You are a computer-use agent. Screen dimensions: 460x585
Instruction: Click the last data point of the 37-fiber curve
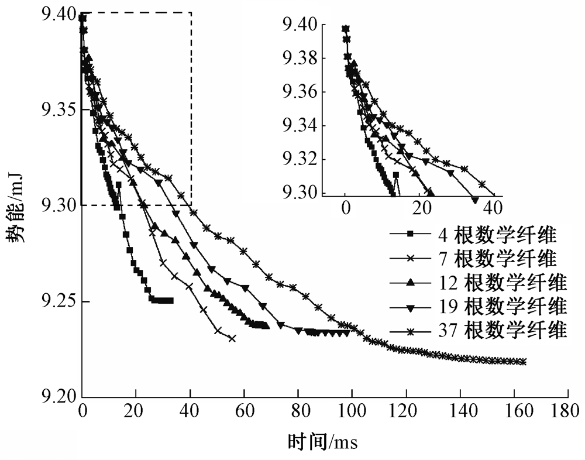point(523,362)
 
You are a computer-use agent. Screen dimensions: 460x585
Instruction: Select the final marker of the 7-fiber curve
point(232,338)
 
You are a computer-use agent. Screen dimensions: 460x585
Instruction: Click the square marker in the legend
point(411,235)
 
